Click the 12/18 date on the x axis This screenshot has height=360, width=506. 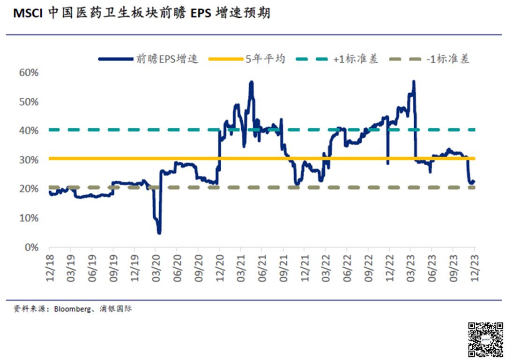pyautogui.click(x=49, y=268)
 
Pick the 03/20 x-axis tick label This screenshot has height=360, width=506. pyautogui.click(x=156, y=268)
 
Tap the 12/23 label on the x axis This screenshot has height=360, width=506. pyautogui.click(x=475, y=268)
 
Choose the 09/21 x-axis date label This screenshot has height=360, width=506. pyautogui.click(x=283, y=268)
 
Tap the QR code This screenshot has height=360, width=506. pyautogui.click(x=485, y=340)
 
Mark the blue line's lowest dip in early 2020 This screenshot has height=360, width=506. pyautogui.click(x=159, y=232)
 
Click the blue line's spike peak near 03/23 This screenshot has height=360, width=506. pyautogui.click(x=413, y=82)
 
